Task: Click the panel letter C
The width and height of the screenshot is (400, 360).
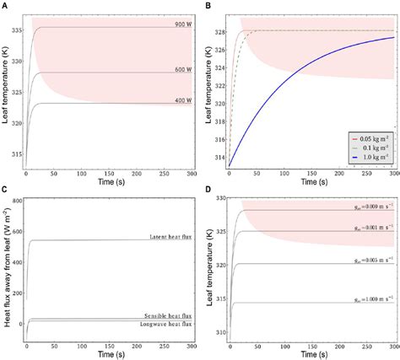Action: pyautogui.click(x=4, y=188)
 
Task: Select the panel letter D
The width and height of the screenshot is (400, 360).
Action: pyautogui.click(x=207, y=188)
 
